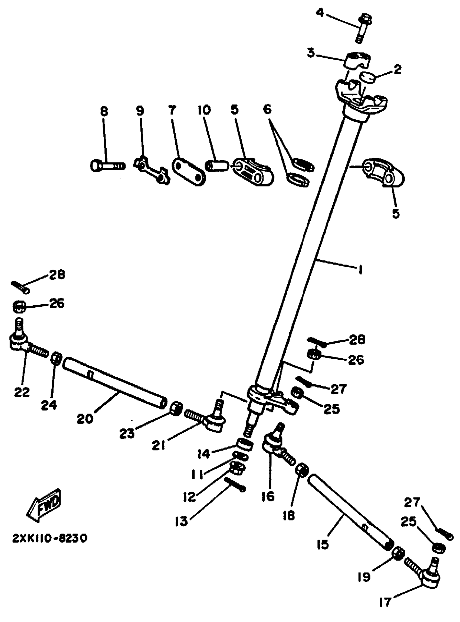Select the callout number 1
(360, 269)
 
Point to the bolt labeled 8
(107, 166)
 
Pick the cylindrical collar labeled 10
(217, 166)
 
